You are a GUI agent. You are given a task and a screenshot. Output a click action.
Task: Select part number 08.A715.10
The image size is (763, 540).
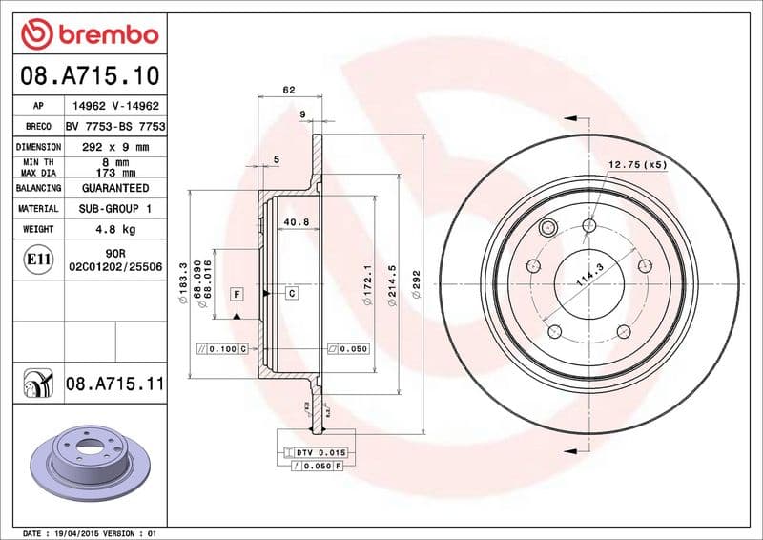(x=89, y=74)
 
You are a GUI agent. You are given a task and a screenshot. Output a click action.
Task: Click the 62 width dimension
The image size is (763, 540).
(x=289, y=90)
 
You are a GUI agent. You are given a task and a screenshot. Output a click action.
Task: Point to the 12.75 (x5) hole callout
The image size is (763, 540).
(x=638, y=165)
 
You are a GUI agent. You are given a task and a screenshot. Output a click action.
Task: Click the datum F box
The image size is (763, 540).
(x=236, y=293)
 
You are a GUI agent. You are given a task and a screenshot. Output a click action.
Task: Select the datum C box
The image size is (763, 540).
(x=291, y=293)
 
